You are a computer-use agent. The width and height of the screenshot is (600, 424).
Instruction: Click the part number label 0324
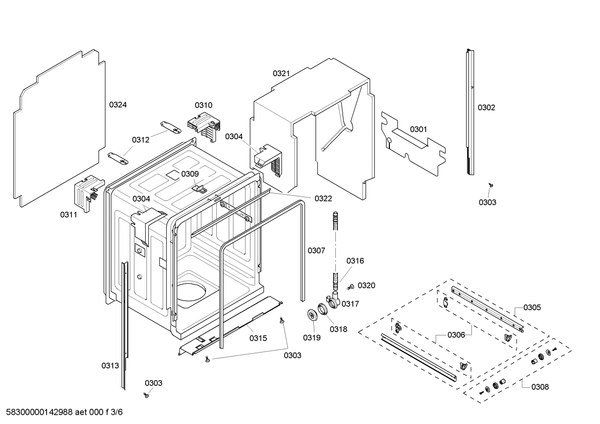[x=118, y=105]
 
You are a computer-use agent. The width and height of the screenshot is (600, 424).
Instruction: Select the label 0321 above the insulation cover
[x=281, y=74]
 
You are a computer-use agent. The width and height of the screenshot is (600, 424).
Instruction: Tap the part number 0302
[x=486, y=108]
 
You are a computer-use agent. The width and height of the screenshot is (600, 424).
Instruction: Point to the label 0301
[x=418, y=129]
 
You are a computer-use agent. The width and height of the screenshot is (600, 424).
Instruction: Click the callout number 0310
[x=203, y=105]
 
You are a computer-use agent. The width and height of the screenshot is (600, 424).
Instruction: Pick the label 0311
[x=69, y=215]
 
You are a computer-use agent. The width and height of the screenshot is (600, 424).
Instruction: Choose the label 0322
[x=323, y=198]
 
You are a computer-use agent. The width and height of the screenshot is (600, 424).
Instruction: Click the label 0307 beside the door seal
[x=316, y=250]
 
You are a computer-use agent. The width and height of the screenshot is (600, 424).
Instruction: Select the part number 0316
[x=355, y=261]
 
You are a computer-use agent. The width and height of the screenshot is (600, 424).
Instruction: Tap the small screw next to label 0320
[x=350, y=286]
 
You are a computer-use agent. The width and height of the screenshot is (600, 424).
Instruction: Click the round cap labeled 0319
[x=311, y=316]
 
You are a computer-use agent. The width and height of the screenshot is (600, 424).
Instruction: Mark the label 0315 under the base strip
[x=258, y=338]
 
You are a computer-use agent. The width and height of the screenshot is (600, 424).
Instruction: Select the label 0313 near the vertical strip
[x=110, y=366]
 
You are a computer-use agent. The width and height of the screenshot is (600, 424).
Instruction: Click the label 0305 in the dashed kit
[x=532, y=307]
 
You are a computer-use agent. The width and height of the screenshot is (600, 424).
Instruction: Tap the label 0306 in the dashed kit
[x=456, y=335]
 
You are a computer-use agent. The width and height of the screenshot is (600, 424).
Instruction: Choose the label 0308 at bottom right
[x=540, y=387]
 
